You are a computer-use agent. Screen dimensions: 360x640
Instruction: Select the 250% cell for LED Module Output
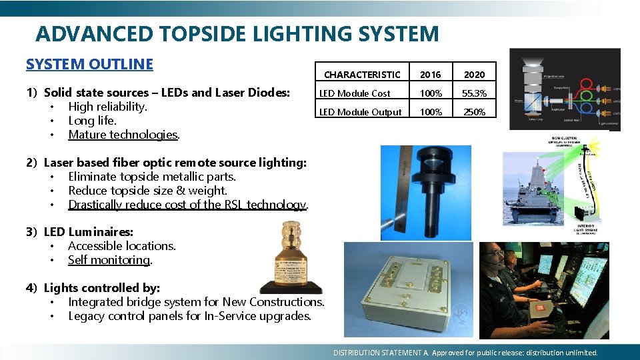(x=474, y=112)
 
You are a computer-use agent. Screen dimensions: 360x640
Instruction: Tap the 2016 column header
(x=430, y=75)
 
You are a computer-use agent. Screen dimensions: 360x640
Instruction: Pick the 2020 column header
(x=474, y=75)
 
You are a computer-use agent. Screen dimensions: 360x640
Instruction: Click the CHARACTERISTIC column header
(x=362, y=75)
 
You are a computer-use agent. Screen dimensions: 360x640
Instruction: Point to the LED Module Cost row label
(x=355, y=93)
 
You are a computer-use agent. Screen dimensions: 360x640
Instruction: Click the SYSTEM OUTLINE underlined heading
(x=89, y=64)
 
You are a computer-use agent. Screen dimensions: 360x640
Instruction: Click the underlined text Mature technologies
(x=123, y=135)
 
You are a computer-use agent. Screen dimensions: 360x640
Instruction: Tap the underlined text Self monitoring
(x=110, y=260)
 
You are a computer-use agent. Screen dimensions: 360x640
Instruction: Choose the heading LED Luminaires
(x=88, y=232)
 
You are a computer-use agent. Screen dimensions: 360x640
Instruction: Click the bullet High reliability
(x=107, y=107)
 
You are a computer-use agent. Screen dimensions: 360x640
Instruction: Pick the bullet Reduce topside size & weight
(x=147, y=191)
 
